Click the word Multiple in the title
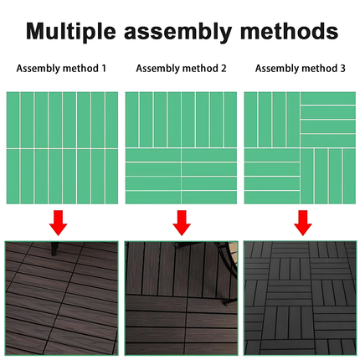[x=71, y=31]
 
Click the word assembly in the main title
[x=177, y=31]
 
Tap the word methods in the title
[x=289, y=30]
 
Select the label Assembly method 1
[x=61, y=69]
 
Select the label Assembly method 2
[x=181, y=69]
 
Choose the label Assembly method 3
[x=301, y=69]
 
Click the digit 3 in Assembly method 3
[x=342, y=69]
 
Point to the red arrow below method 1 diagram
[x=58, y=223]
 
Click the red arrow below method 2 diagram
[x=182, y=223]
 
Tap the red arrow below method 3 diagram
[x=303, y=223]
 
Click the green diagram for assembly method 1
[x=62, y=148]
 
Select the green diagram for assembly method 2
[x=181, y=148]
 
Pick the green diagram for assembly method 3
[x=300, y=148]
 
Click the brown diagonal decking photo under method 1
[x=61, y=298]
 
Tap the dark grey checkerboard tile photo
[x=301, y=298]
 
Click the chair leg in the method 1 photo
[x=54, y=249]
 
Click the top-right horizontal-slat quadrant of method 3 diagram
[x=328, y=120]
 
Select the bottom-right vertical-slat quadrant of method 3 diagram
[x=328, y=176]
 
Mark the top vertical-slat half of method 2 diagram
[x=181, y=120]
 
